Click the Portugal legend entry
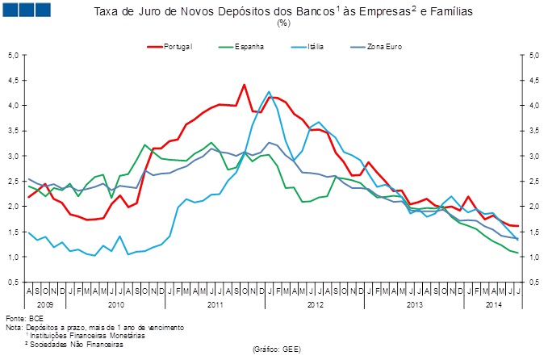click(x=177, y=47)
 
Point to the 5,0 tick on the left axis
click(x=13, y=56)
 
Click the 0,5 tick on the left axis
click(x=13, y=283)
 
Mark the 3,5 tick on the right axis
click(x=533, y=131)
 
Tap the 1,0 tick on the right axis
click(x=533, y=257)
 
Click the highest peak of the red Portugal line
click(x=244, y=84)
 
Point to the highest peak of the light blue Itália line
click(x=269, y=92)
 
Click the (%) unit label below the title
click(x=283, y=23)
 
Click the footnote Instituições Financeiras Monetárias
click(x=91, y=335)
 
